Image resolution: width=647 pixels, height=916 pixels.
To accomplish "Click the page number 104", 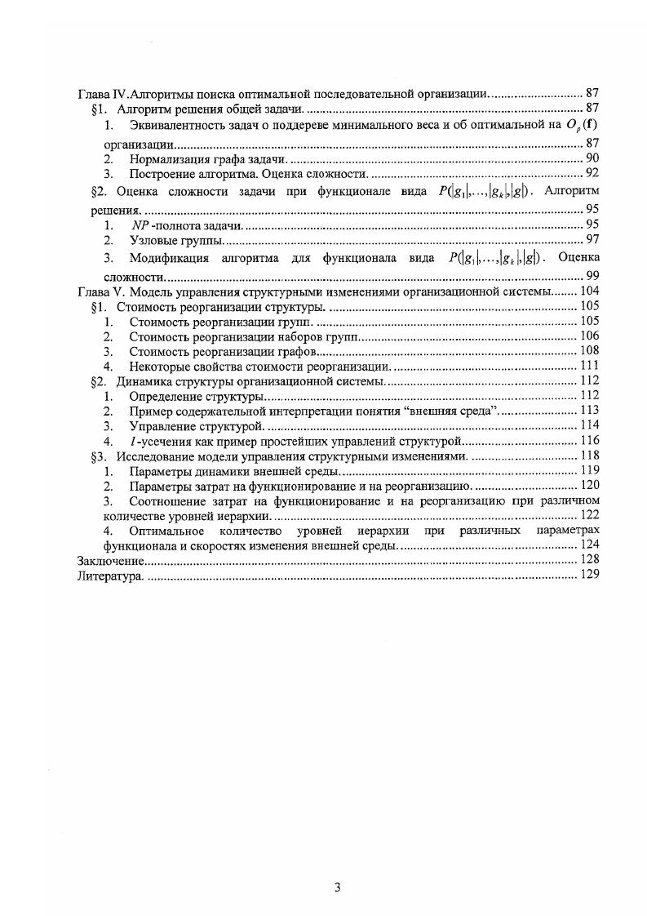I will point(588,291).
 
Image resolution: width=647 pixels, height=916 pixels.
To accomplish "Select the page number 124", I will point(588,544).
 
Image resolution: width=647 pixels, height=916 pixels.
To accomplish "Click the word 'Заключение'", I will point(111,560).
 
